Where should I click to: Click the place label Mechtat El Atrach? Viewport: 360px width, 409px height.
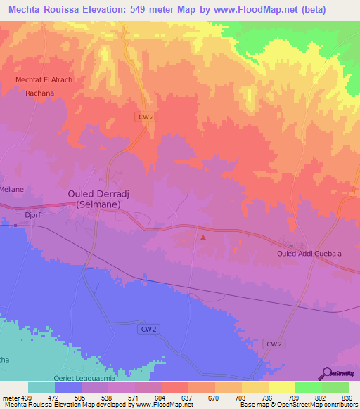[x=44, y=79]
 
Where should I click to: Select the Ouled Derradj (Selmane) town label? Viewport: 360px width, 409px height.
[x=98, y=198]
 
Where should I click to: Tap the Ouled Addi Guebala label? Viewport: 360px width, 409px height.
[x=309, y=254]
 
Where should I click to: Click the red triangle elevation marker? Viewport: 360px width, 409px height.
[x=203, y=238]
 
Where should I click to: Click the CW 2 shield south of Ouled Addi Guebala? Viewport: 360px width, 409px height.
[x=275, y=344]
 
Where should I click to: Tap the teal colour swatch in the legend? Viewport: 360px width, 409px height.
[x=41, y=387]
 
